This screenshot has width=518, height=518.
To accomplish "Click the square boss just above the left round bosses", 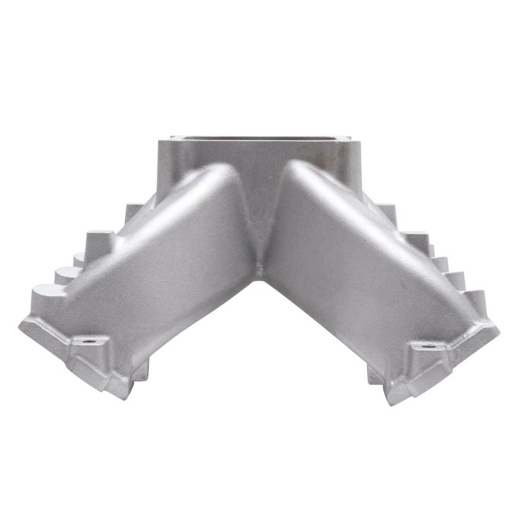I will pyautogui.click(x=99, y=240).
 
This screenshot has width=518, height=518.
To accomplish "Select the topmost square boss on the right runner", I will pyautogui.click(x=387, y=211).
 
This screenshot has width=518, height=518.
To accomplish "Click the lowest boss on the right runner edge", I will pyautogui.click(x=476, y=299).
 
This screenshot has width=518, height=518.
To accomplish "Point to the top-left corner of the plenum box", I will pyautogui.click(x=172, y=137).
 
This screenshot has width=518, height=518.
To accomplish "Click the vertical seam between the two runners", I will pyautogui.click(x=259, y=227).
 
